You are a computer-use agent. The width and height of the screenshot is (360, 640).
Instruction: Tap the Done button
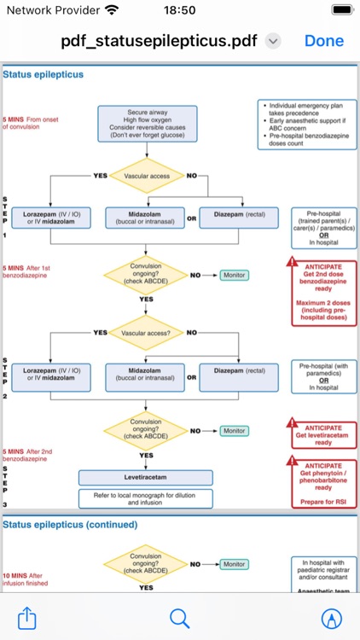323,41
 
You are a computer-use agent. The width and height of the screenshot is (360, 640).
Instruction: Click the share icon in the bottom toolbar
27,617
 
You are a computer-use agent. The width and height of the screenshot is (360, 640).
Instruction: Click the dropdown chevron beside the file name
273,41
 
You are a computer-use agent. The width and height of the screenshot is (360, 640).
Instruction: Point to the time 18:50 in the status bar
180,10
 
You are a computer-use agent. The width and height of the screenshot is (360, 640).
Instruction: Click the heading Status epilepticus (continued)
70,525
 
